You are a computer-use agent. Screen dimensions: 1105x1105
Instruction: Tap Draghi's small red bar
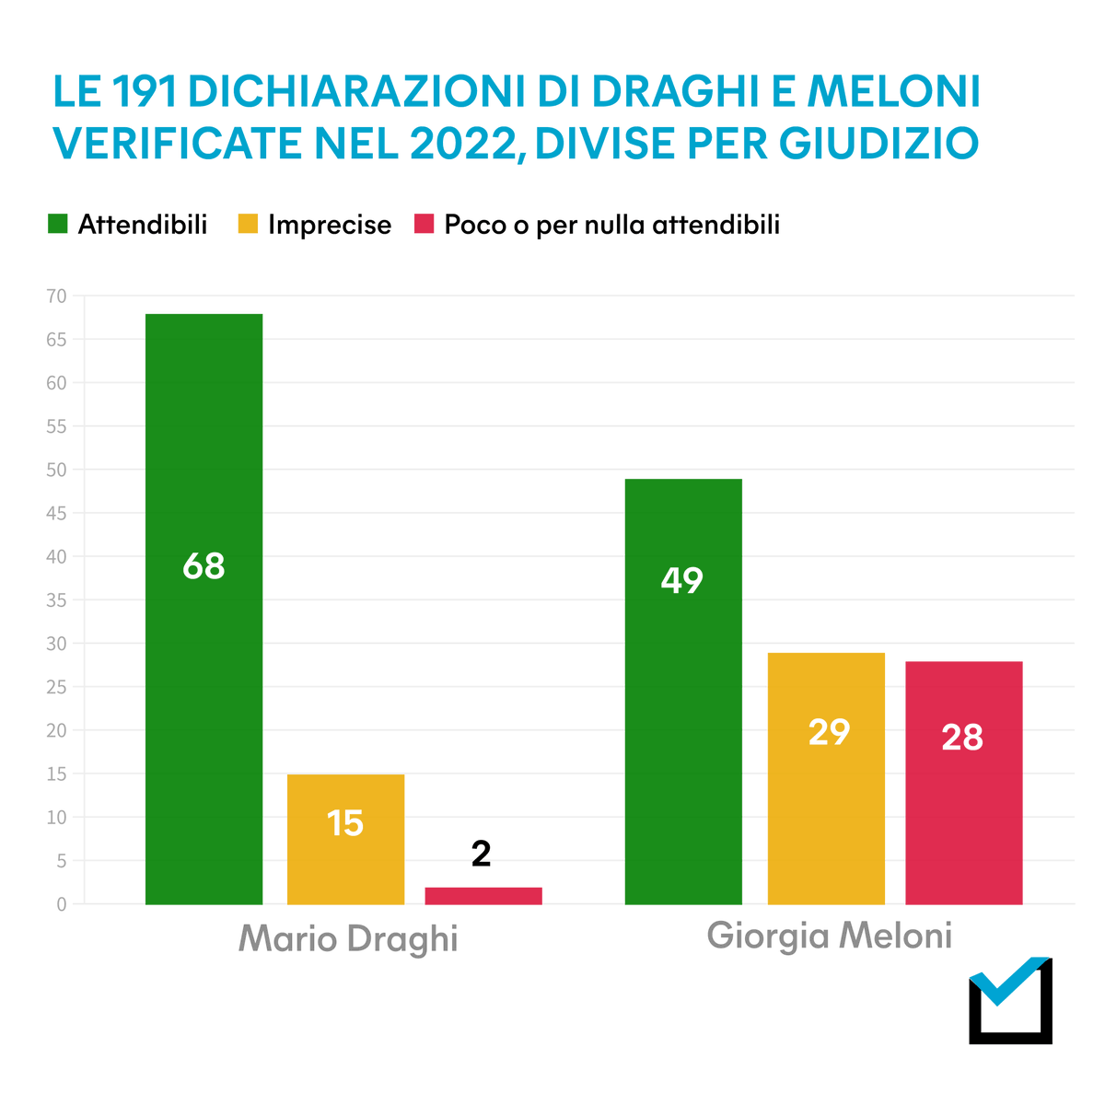pyautogui.click(x=483, y=895)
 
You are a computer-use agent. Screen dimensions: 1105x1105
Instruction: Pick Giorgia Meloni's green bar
pyautogui.click(x=683, y=691)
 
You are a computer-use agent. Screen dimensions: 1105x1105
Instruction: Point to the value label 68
pyautogui.click(x=204, y=566)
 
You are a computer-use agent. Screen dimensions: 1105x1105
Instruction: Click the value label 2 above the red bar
pyautogui.click(x=481, y=855)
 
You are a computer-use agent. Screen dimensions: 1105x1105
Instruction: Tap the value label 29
pyautogui.click(x=829, y=732)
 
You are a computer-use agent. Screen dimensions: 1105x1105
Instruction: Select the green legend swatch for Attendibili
pyautogui.click(x=58, y=224)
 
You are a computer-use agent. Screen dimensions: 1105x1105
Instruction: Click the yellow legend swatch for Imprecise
pyautogui.click(x=248, y=224)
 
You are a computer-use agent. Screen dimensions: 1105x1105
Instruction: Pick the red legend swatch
pyautogui.click(x=424, y=224)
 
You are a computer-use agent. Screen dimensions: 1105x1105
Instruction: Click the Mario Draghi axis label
pyautogui.click(x=348, y=938)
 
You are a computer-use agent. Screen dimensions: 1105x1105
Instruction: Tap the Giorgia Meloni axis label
pyautogui.click(x=829, y=936)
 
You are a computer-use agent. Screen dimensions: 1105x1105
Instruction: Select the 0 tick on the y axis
pyautogui.click(x=62, y=904)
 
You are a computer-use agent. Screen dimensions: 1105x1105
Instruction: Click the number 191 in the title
pyautogui.click(x=146, y=91)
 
